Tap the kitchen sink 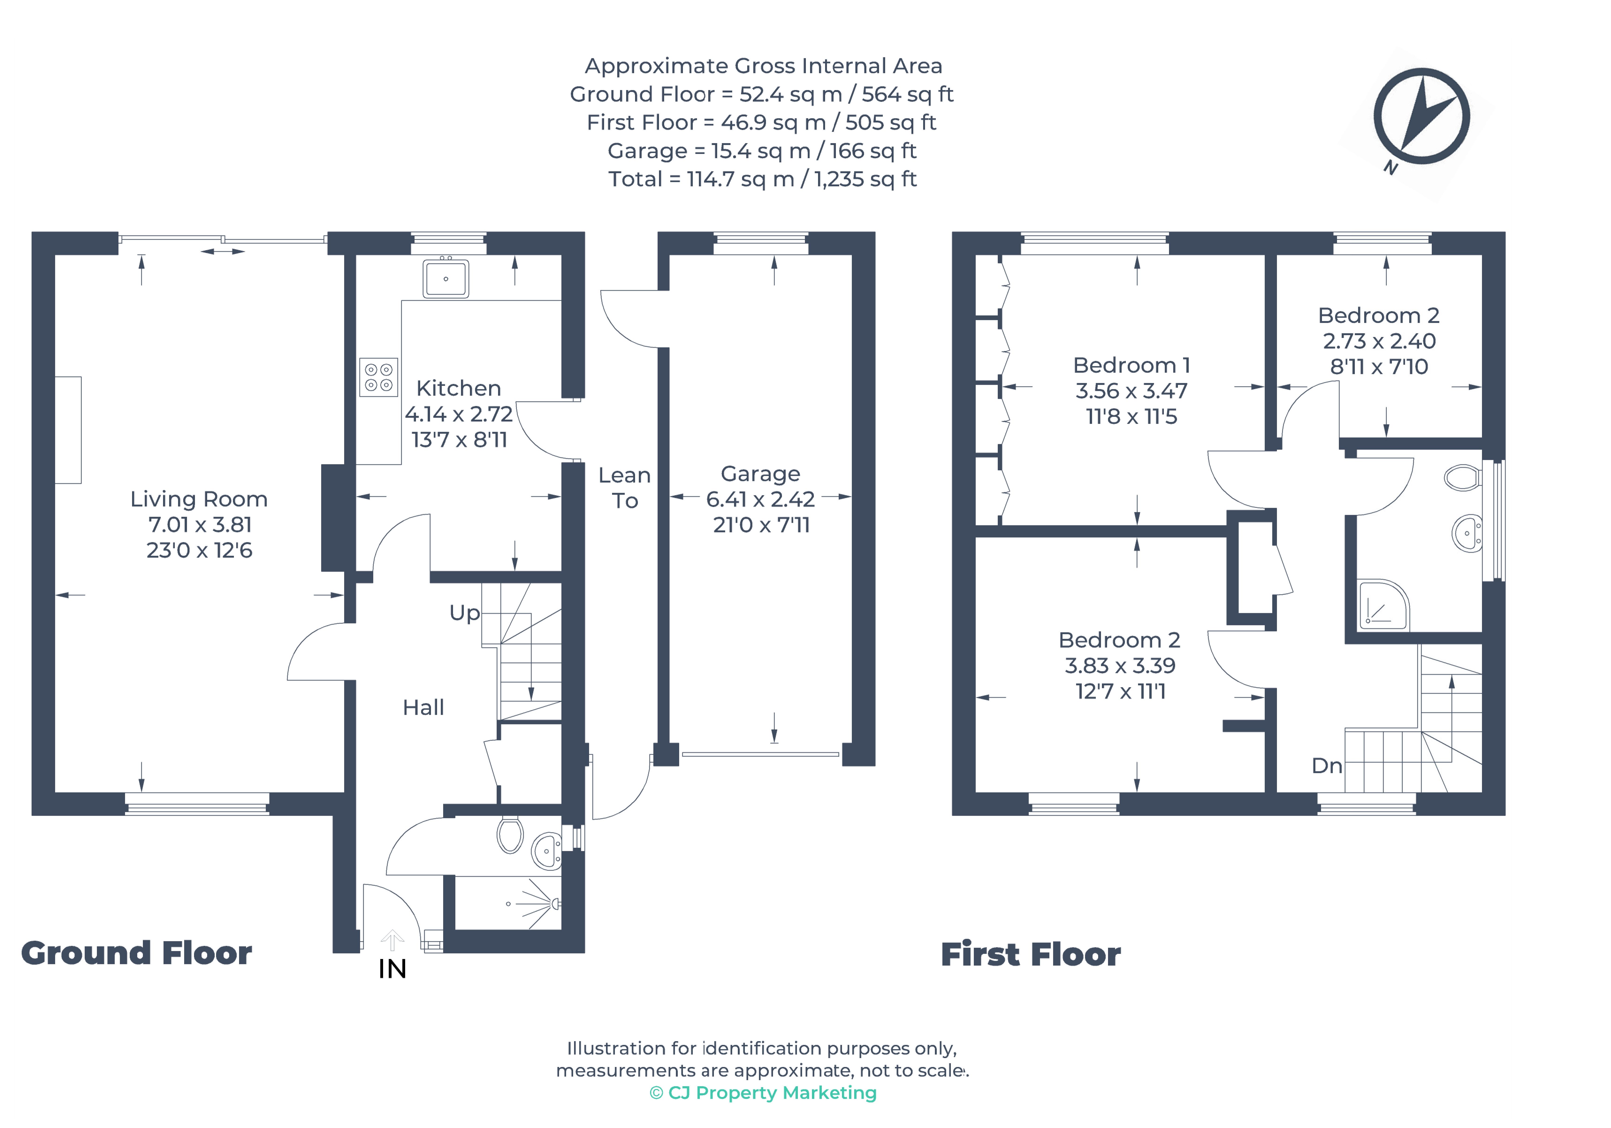446,278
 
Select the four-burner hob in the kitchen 379,377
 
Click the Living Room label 199,499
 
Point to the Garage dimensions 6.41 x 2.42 761,499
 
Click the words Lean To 625,488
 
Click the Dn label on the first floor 1327,766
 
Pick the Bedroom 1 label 1131,365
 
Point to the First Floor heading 1031,955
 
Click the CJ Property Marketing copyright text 763,1093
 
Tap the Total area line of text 763,179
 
